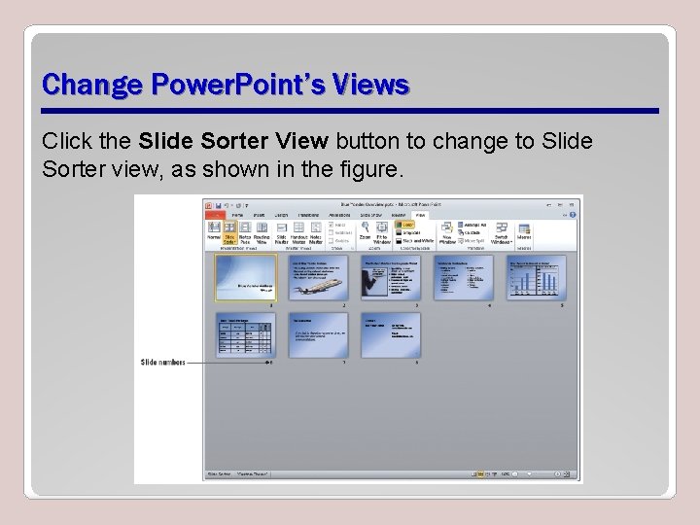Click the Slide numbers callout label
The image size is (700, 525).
(x=162, y=363)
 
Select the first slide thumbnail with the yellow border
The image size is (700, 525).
(x=244, y=278)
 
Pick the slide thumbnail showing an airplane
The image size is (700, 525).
(x=317, y=278)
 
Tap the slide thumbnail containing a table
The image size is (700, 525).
(x=244, y=334)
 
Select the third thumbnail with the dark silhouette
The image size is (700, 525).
(x=390, y=278)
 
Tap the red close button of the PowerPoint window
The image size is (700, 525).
(x=573, y=204)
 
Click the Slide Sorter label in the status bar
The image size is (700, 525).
(x=219, y=474)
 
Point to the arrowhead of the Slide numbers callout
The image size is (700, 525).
(x=269, y=363)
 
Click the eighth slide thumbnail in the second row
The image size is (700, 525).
(x=390, y=334)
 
